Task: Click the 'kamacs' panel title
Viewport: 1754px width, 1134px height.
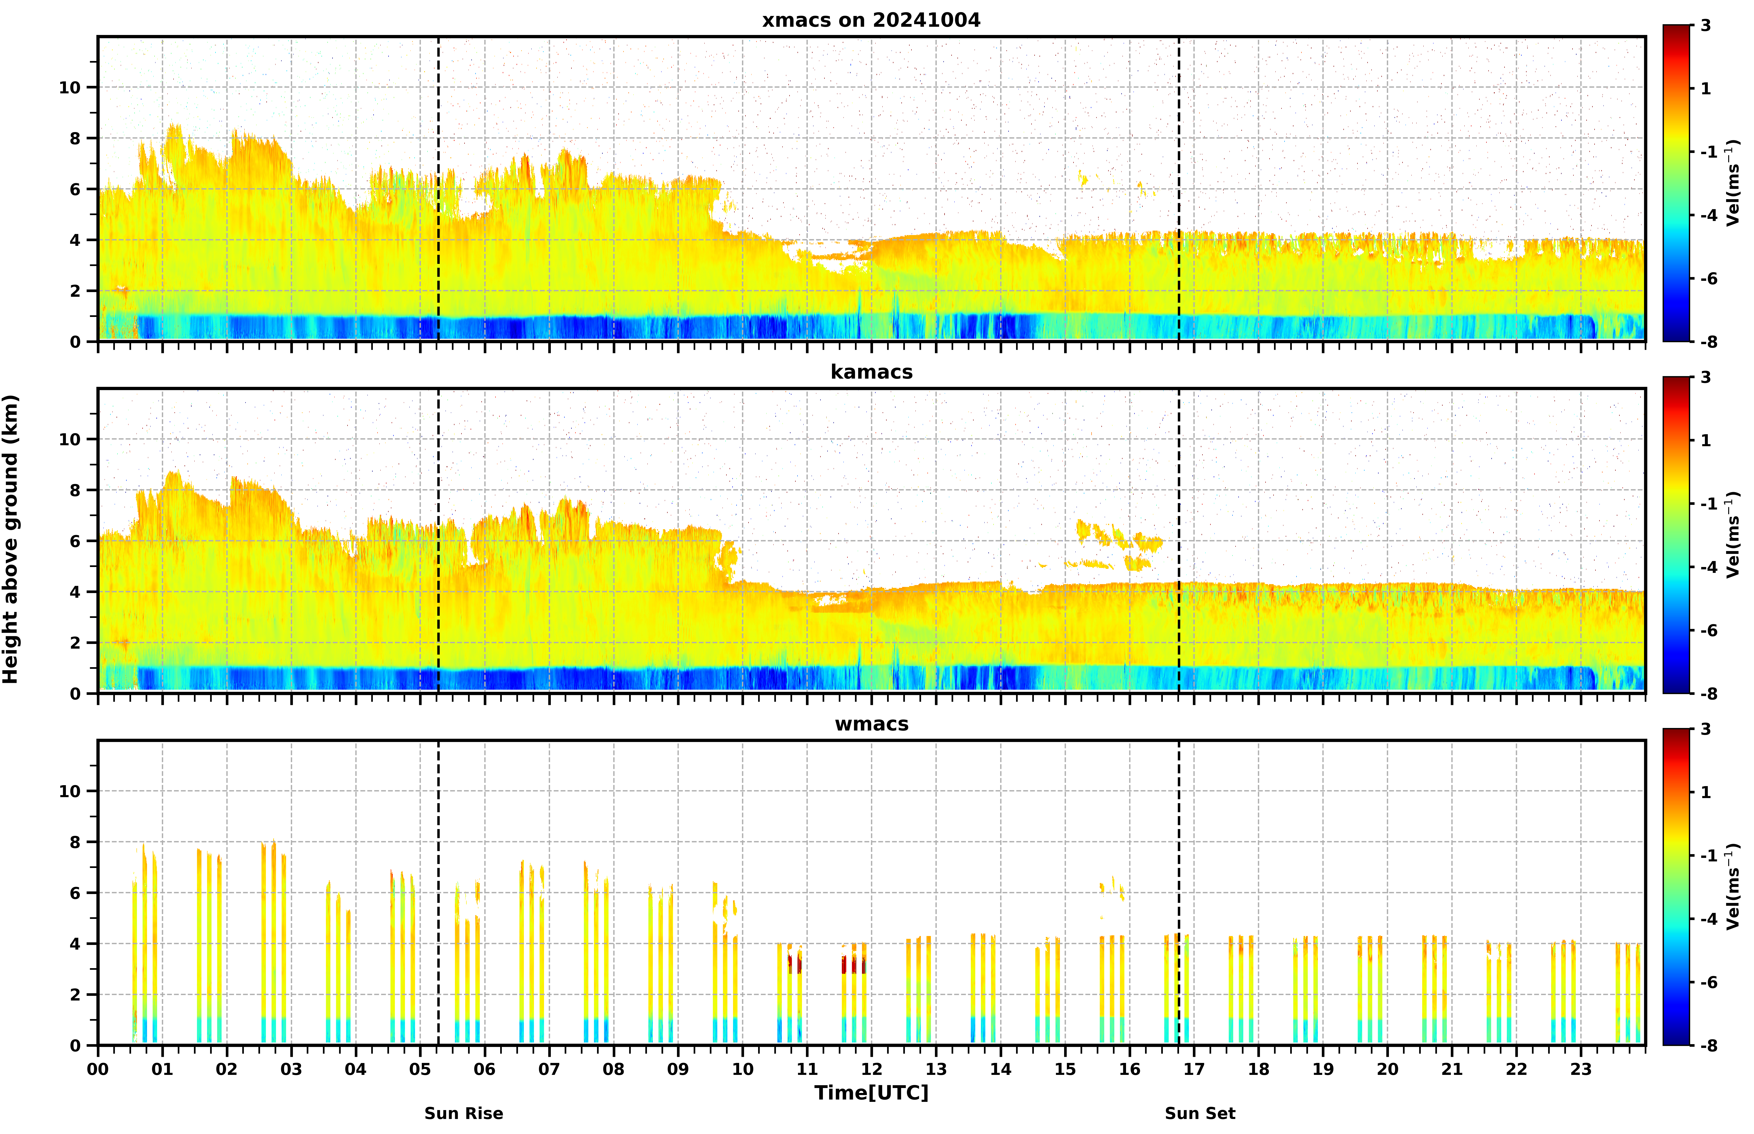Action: [871, 372]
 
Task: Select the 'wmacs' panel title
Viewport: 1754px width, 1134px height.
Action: [871, 724]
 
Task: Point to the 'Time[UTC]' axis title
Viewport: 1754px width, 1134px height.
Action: [871, 1093]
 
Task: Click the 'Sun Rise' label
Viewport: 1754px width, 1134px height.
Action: [464, 1113]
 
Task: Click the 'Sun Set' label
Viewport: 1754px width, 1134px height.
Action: [1200, 1113]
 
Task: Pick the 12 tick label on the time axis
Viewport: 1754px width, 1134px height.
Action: [871, 1069]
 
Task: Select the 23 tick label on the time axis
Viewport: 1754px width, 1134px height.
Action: [1581, 1069]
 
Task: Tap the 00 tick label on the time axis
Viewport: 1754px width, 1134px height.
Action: [98, 1069]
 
